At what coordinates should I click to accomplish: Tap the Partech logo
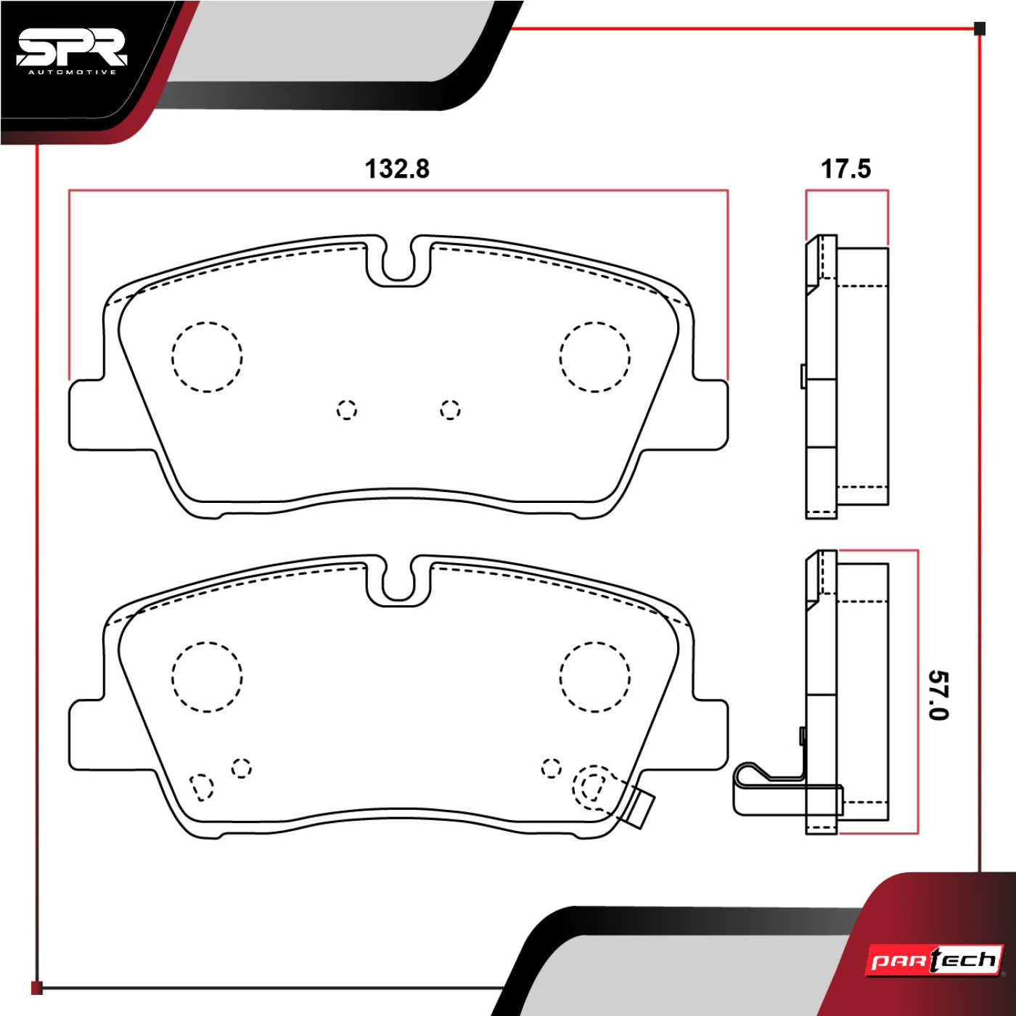(935, 959)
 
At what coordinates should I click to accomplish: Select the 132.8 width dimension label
(397, 169)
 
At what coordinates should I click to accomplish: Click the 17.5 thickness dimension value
(845, 169)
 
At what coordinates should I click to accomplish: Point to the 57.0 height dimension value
(938, 695)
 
